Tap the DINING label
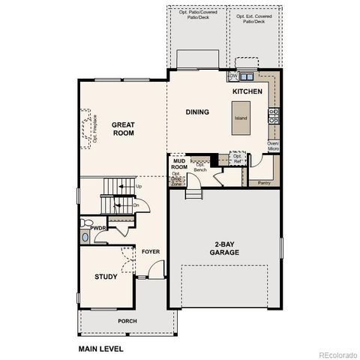pos(197,112)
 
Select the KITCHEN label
pos(247,91)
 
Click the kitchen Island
pos(241,119)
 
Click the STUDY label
pos(105,277)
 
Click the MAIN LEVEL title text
pos(100,349)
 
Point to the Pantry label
pos(263,182)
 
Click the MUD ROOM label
pos(179,164)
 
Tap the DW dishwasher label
pos(234,76)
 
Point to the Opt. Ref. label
pos(238,159)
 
